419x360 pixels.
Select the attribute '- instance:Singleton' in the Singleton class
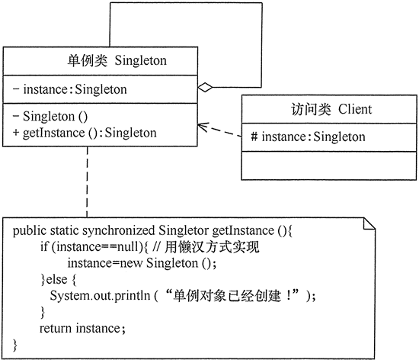70,90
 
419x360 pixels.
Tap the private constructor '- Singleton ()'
51,117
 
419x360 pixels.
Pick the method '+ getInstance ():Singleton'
85,132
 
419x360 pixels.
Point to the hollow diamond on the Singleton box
204,88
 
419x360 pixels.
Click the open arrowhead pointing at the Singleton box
202,125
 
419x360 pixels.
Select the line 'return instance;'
82,328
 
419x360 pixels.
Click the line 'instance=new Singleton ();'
136,263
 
